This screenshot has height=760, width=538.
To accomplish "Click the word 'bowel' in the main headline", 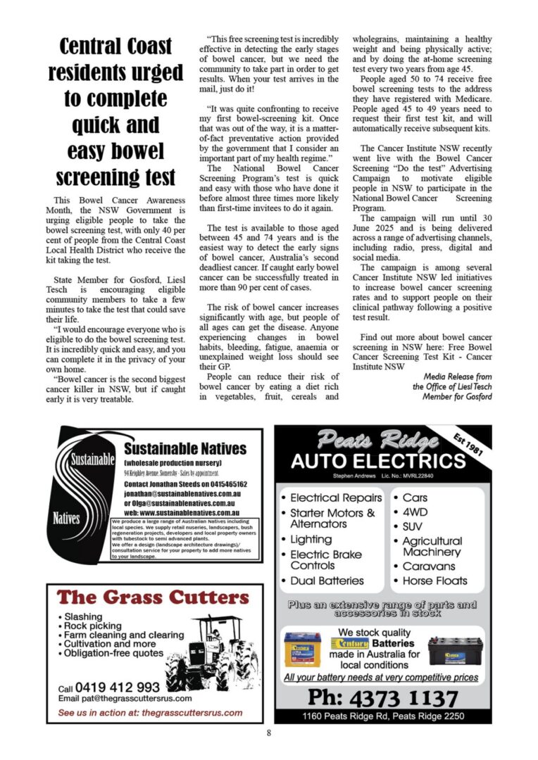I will tap(136, 151).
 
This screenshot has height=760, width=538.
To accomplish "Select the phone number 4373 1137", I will tap(382, 698).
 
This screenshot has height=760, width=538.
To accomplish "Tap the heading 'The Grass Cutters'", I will tap(149, 598).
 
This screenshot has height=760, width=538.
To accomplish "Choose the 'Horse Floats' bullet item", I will tap(434, 581).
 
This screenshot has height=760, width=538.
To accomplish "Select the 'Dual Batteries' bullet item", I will tap(327, 581).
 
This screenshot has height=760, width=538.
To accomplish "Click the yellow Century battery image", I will tap(303, 650).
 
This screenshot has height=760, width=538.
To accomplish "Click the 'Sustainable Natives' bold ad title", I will tap(184, 449).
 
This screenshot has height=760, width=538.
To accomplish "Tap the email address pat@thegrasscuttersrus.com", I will tap(125, 699).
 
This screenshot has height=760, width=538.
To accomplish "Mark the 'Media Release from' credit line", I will tap(457, 377).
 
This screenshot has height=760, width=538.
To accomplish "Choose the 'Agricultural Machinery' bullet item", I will tap(432, 546).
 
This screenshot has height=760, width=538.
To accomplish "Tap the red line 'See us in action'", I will tap(150, 713).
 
